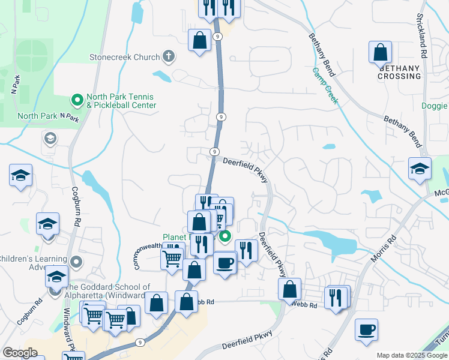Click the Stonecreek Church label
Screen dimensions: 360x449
124,58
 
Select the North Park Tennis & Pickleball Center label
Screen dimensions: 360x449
121,101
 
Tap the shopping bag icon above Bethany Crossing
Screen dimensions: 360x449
381,52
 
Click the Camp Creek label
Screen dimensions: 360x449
325,85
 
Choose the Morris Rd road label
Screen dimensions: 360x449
384,247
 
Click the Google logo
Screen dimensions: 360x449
20,353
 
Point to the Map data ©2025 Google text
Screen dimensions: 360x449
412,355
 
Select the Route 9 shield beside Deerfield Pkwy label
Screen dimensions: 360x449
214,152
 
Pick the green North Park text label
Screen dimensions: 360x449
37,116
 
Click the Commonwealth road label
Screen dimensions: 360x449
146,254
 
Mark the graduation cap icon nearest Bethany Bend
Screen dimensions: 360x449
420,169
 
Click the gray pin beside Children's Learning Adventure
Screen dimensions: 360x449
77,262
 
